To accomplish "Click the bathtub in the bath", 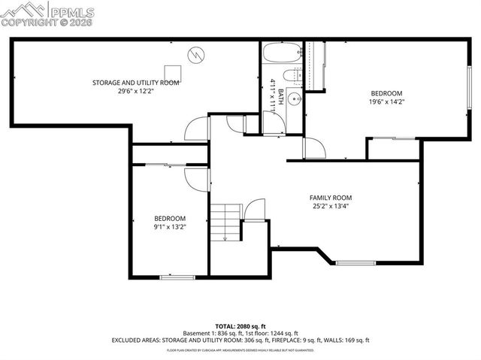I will pyautogui.click(x=283, y=53).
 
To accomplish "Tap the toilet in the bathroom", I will pyautogui.click(x=296, y=74).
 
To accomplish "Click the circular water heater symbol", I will pyautogui.click(x=196, y=54).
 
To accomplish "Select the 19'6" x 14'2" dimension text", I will pyautogui.click(x=386, y=101).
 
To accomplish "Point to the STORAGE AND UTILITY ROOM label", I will pyautogui.click(x=135, y=82).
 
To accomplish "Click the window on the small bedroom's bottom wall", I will pyautogui.click(x=171, y=277).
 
